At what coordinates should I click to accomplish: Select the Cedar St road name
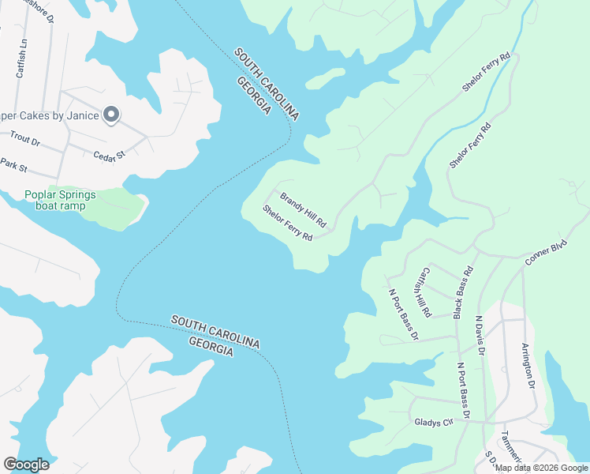click(110, 156)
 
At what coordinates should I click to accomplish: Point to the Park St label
click(13, 167)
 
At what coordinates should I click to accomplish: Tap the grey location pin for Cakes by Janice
click(111, 115)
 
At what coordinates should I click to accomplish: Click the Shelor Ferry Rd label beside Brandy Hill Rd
click(288, 224)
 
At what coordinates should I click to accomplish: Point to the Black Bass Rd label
click(463, 293)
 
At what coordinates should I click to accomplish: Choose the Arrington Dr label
click(529, 367)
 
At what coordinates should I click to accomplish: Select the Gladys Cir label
click(433, 423)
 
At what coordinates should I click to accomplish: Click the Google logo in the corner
click(26, 465)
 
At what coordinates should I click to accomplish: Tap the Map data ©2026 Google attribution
click(541, 468)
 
